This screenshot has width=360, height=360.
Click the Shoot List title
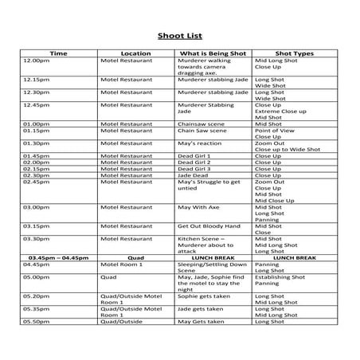point(179,35)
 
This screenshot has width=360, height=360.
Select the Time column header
point(59,53)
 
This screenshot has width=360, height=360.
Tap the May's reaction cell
point(198,143)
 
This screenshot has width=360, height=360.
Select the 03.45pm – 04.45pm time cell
point(60,258)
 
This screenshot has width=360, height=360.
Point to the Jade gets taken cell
point(201,309)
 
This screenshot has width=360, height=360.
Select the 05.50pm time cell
point(37,322)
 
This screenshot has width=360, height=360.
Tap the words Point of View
point(274,131)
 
